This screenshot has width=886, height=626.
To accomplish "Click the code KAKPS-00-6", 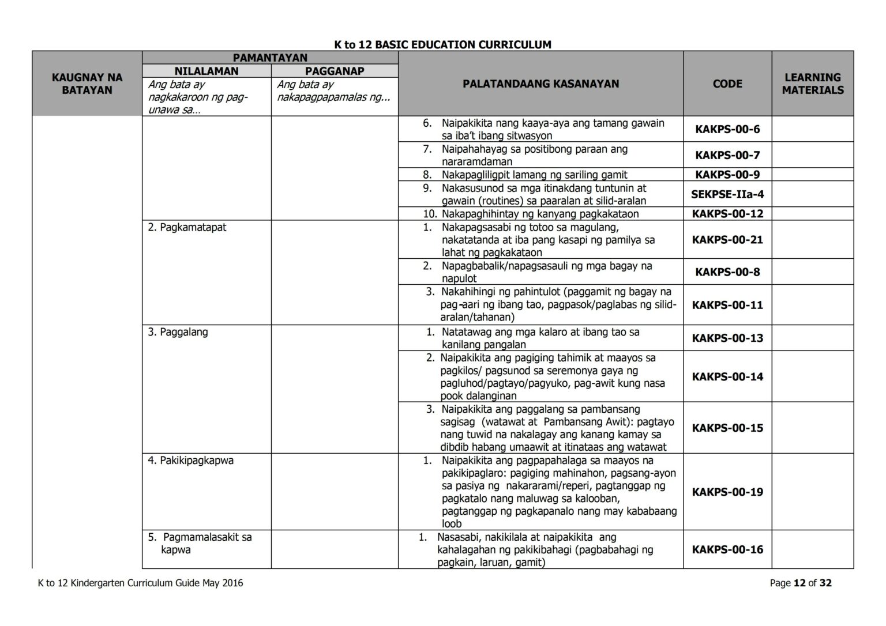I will (x=727, y=129).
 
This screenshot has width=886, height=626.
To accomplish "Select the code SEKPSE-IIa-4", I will (x=727, y=194).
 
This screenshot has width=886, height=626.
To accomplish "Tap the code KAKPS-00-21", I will (x=727, y=239).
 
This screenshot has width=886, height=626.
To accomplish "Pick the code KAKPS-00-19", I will (x=727, y=492).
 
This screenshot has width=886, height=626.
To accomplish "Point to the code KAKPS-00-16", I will (x=727, y=549).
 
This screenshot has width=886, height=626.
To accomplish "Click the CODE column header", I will (x=727, y=84).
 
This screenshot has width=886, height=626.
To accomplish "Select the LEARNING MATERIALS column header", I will (x=812, y=84).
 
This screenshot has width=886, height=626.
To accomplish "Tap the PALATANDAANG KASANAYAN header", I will (x=540, y=84).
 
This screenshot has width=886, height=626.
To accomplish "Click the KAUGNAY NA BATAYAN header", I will (x=87, y=84).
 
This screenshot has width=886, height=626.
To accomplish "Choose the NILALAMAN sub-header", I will (x=207, y=71).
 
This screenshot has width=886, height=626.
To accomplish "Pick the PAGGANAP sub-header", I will (x=335, y=71).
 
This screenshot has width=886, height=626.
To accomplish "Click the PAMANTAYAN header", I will (x=270, y=58).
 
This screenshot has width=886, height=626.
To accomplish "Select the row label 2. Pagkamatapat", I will (x=187, y=227).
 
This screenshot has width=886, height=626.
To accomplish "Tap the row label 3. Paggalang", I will (x=178, y=332).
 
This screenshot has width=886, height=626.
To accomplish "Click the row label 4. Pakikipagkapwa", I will (x=190, y=461).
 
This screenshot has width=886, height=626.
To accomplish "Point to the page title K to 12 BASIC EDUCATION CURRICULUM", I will (x=442, y=44).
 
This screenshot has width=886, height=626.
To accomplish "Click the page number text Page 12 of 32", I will (x=801, y=583).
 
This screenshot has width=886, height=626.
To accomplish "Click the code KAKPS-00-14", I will (x=727, y=376).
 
